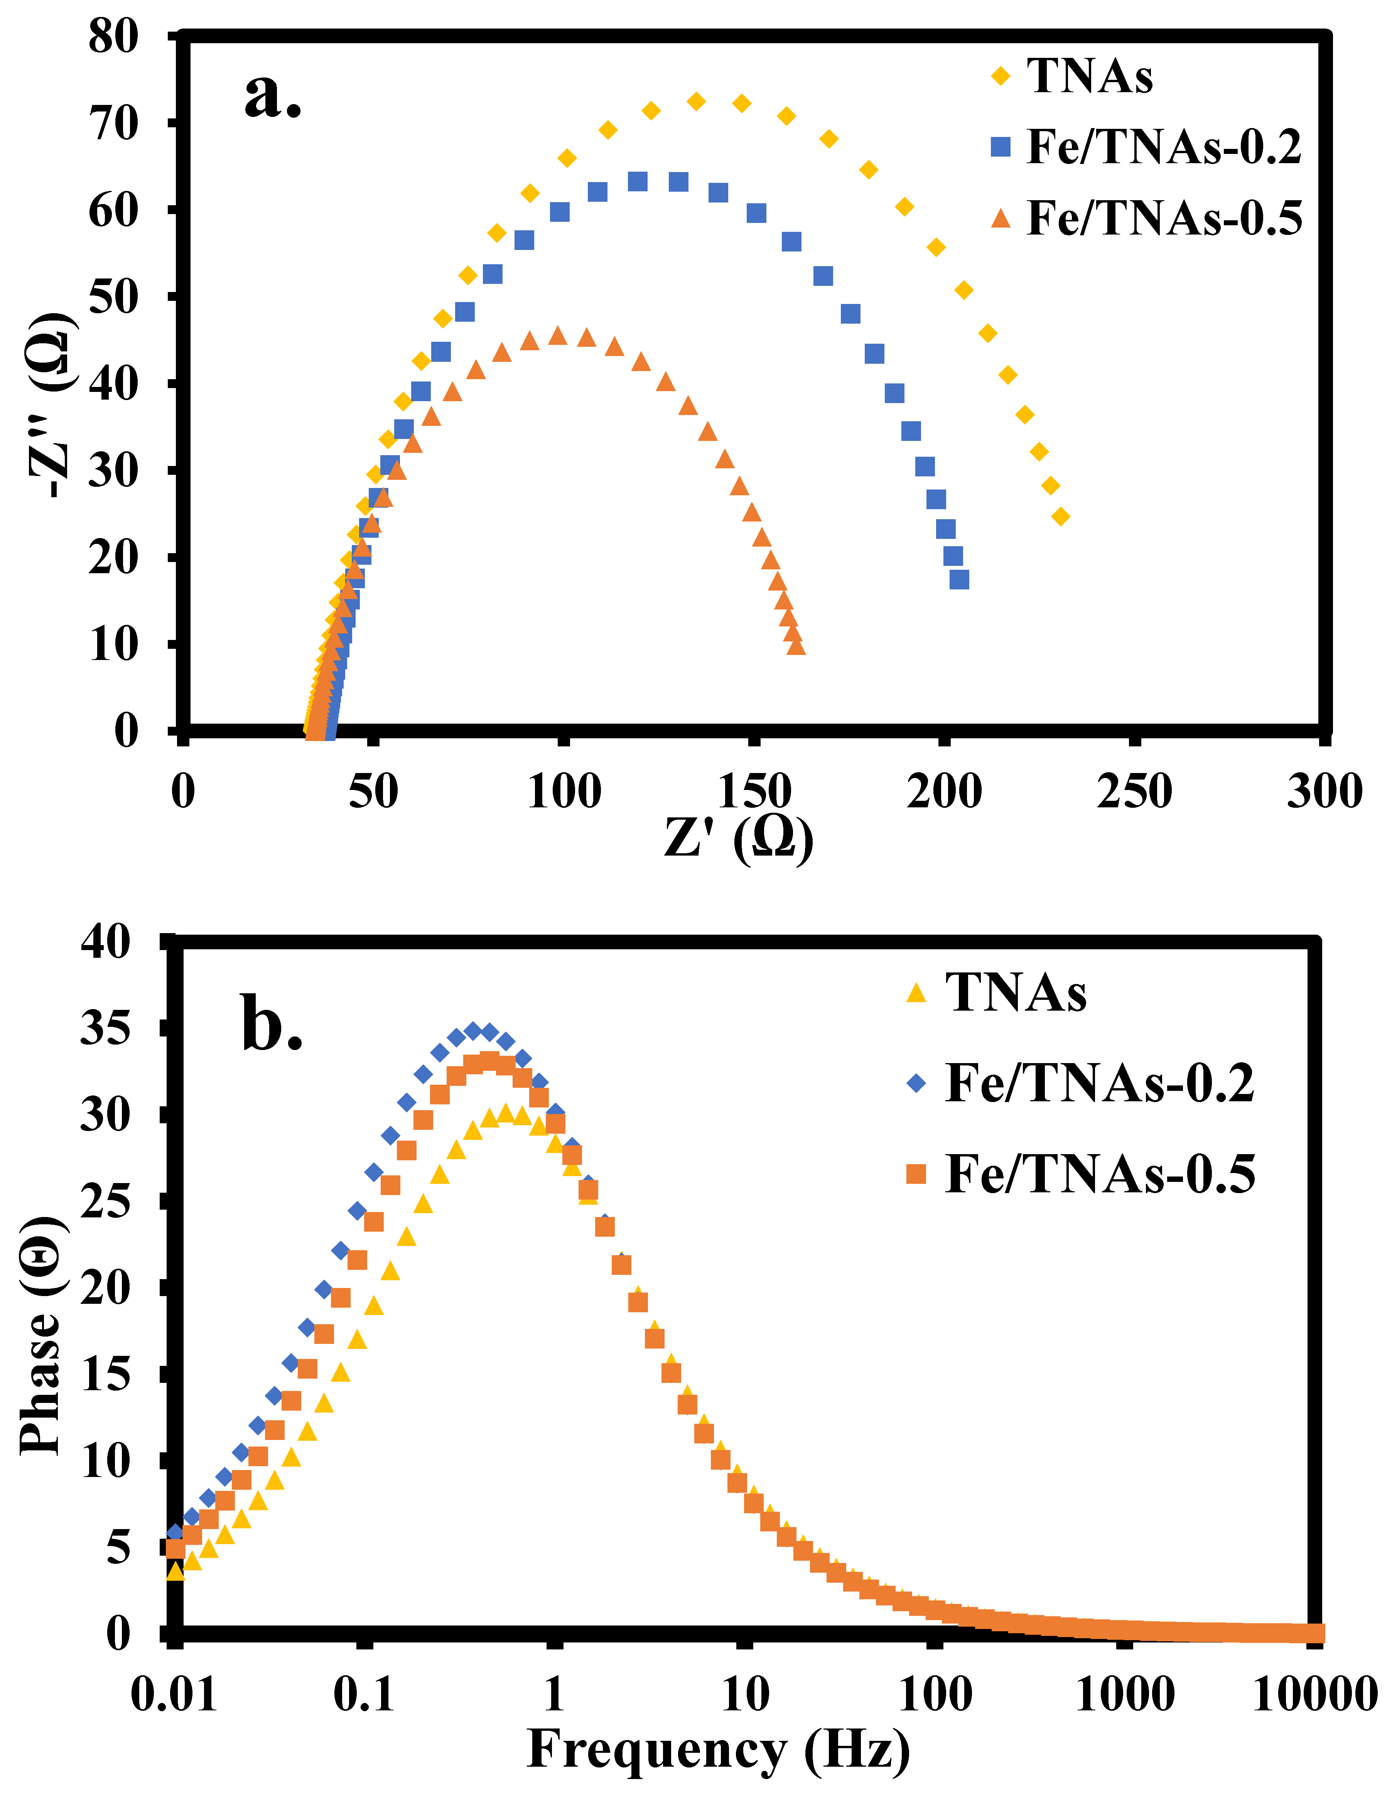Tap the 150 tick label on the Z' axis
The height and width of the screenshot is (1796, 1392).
pos(754,791)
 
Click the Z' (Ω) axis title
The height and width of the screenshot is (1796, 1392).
pos(738,839)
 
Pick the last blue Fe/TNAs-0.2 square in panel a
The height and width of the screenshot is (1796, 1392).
pos(959,580)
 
